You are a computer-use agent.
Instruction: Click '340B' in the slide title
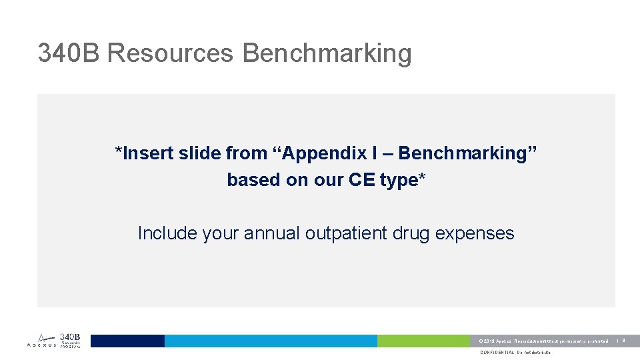tap(69, 53)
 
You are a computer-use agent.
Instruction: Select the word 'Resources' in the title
tap(170, 53)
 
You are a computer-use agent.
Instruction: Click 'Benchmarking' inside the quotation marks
tap(463, 153)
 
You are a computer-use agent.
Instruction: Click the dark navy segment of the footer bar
tap(127, 341)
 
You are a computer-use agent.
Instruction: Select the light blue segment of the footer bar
tap(271, 341)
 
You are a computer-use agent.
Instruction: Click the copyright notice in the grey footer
tap(543, 341)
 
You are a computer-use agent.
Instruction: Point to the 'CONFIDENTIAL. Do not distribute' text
tap(515, 353)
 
